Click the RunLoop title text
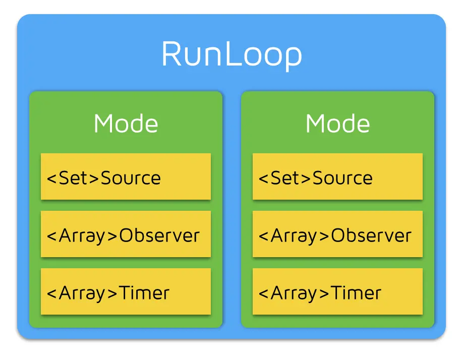(232, 54)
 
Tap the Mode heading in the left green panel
(126, 124)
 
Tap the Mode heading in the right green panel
(337, 124)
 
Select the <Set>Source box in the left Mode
(126, 176)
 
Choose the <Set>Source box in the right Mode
(337, 176)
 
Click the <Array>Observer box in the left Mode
(126, 234)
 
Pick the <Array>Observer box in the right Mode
(337, 234)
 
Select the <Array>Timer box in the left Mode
(126, 292)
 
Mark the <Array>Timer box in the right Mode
(337, 292)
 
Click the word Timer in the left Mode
(144, 292)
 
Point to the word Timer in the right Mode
(356, 292)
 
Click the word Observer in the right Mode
(371, 235)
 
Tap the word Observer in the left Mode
(159, 235)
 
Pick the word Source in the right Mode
(342, 177)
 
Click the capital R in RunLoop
(172, 54)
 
